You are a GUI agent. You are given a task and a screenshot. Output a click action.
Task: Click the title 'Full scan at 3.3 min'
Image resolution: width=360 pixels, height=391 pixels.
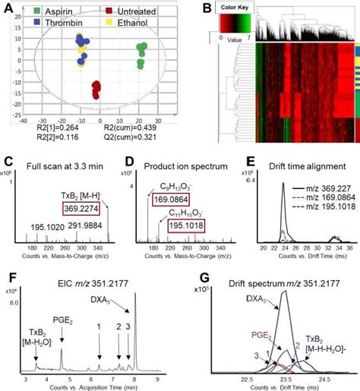coord(68,162)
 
